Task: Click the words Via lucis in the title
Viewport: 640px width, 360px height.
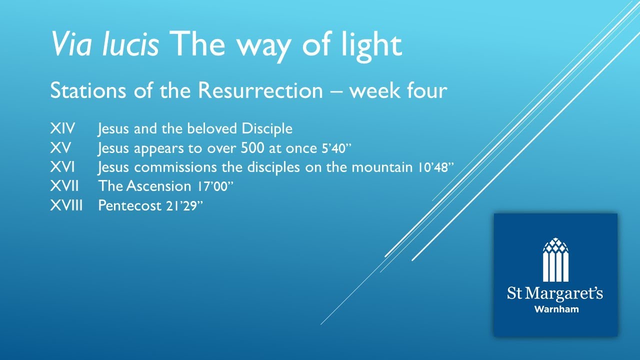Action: pos(104,44)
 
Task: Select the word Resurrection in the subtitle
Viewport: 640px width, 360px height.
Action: pos(259,91)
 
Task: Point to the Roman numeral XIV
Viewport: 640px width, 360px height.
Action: pos(62,128)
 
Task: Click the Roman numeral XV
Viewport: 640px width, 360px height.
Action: pos(60,148)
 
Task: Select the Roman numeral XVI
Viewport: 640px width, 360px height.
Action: pos(62,167)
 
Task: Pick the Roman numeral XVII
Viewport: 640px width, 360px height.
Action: pos(64,186)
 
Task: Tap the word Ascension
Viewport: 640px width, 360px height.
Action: pos(159,186)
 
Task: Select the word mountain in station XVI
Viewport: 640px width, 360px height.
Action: pos(382,167)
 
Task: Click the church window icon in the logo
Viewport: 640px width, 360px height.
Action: pos(555,259)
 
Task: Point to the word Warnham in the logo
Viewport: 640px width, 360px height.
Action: pos(556,309)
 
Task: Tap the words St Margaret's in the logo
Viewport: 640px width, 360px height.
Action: pos(555,293)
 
